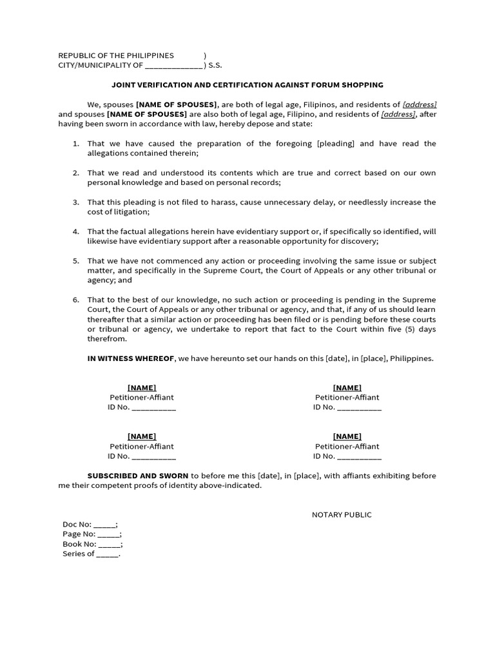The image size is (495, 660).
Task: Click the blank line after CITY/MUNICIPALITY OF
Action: click(174, 66)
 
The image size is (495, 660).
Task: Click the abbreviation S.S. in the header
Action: click(215, 65)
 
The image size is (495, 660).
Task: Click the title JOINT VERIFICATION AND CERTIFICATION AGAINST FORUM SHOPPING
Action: click(247, 84)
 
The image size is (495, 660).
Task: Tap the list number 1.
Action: click(75, 144)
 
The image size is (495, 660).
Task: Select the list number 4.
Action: click(75, 231)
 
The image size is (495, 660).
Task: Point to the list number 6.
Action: click(75, 300)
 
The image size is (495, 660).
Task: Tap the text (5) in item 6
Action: click(405, 329)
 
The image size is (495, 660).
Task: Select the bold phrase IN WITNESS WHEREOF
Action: click(131, 358)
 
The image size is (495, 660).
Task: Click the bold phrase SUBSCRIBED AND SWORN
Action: click(138, 476)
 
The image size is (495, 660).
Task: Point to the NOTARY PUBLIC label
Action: click(342, 514)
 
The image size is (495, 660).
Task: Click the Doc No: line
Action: click(90, 525)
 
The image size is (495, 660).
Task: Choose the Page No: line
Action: click(92, 534)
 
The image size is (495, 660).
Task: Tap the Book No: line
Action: click(92, 544)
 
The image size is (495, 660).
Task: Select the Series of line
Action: click(91, 554)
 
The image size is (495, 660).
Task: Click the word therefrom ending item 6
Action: click(107, 339)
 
